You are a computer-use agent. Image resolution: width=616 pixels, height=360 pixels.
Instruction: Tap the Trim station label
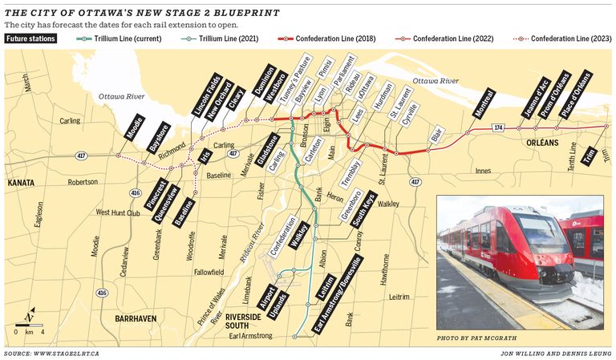tap(593, 152)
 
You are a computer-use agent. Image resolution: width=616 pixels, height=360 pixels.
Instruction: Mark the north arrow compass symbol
tap(29, 315)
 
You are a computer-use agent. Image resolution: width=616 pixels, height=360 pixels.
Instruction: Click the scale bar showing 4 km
tap(29, 330)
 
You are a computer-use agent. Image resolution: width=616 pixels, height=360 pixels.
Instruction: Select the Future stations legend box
tap(29, 38)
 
